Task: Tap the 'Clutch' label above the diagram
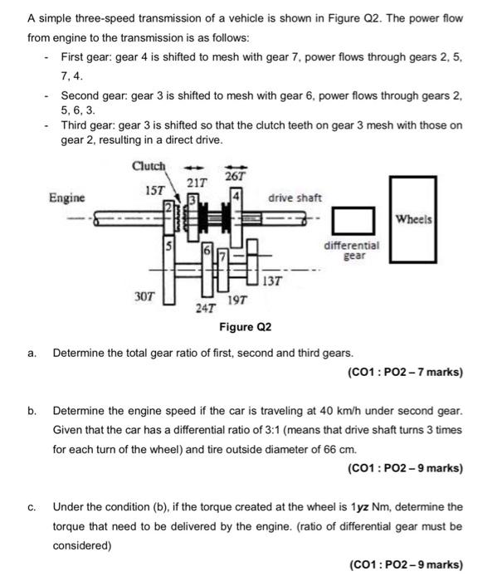(x=149, y=166)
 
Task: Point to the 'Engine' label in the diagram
(x=66, y=198)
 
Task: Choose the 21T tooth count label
(x=197, y=182)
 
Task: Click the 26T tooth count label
(x=236, y=176)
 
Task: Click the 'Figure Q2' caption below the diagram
(x=245, y=327)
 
